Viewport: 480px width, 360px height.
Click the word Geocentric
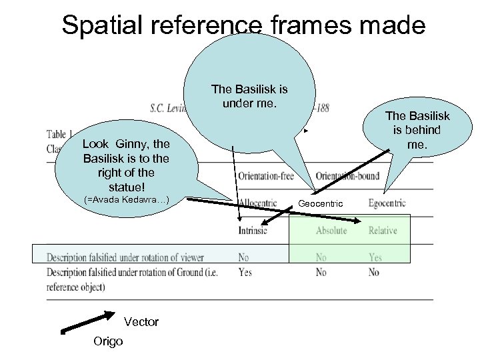pyautogui.click(x=320, y=203)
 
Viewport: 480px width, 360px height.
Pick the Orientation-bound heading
pyautogui.click(x=347, y=176)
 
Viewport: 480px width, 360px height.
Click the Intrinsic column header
pyautogui.click(x=252, y=231)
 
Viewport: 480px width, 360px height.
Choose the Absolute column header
pyautogui.click(x=331, y=231)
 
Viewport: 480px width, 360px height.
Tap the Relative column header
pyautogui.click(x=383, y=231)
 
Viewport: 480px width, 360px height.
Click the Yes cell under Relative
pyautogui.click(x=375, y=257)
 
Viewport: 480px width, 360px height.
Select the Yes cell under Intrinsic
pyautogui.click(x=245, y=272)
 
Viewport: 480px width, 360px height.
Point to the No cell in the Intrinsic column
pyautogui.click(x=244, y=257)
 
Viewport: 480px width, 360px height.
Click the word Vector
pyautogui.click(x=141, y=322)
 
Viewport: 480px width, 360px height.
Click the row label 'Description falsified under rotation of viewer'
pyautogui.click(x=125, y=257)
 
